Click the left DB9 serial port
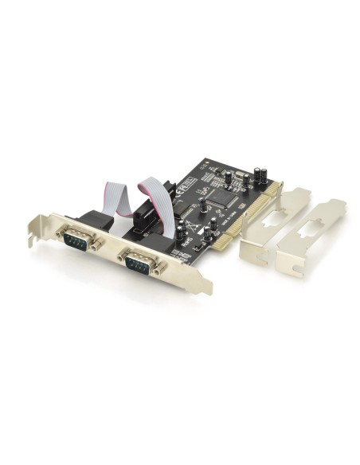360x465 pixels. tap(78, 236)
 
